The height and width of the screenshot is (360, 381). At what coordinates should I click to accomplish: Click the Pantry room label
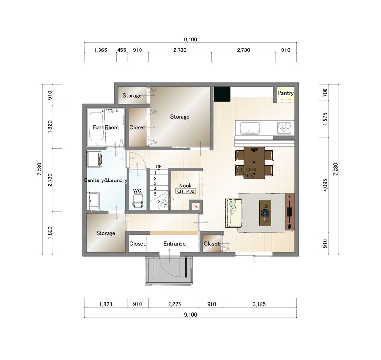285,93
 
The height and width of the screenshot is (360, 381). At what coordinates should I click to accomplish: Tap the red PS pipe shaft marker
196,207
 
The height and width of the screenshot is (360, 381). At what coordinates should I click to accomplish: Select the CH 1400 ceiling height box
186,191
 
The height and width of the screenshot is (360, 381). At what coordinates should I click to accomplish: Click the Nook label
185,185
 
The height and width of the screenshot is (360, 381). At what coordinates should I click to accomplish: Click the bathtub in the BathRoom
96,126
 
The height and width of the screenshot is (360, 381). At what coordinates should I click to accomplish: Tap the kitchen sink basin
250,128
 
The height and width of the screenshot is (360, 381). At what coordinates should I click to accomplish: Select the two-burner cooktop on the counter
284,128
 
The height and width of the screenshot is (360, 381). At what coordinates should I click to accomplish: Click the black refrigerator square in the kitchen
222,94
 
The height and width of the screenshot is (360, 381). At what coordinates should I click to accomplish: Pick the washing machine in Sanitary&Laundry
95,159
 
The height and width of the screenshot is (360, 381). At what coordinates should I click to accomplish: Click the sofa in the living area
233,213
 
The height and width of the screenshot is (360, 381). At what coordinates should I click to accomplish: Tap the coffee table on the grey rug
265,213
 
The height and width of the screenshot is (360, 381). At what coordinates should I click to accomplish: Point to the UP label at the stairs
159,166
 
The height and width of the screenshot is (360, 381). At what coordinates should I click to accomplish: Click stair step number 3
155,183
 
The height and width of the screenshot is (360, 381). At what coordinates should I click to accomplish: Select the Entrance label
174,244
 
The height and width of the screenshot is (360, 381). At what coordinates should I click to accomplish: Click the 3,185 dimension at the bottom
259,304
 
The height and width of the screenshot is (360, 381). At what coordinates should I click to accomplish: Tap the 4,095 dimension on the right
325,185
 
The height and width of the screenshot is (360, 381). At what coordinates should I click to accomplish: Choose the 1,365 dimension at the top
100,50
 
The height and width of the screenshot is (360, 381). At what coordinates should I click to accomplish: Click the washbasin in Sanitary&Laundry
93,201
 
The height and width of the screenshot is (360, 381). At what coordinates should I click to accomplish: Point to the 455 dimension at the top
122,50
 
